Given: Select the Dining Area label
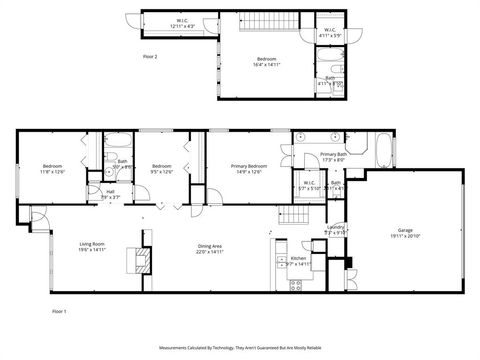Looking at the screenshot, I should [209, 246].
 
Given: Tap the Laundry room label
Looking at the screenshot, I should [336, 228].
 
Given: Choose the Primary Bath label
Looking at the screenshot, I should [333, 155].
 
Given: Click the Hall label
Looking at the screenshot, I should [111, 192].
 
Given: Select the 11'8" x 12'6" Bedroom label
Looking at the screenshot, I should [53, 166].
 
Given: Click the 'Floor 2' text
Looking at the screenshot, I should [150, 56].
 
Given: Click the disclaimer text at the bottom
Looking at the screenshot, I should [240, 348].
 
